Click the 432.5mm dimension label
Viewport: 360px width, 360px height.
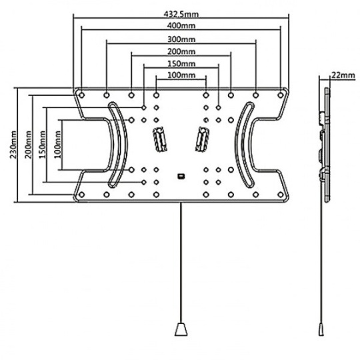181,14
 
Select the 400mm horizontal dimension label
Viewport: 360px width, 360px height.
181,25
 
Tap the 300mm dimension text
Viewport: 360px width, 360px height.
181,39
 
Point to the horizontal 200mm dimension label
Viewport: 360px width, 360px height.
181,51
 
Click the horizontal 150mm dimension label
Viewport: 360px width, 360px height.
181,63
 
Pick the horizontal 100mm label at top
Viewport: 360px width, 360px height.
181,75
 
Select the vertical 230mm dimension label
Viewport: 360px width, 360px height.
13,145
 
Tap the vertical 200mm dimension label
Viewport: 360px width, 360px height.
28,145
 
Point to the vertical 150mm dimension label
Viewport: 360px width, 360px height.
43,145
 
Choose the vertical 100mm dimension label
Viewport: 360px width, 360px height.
57,145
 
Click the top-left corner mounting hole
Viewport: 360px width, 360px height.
81,95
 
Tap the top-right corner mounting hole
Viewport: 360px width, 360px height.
280,95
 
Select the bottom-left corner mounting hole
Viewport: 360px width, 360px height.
81,195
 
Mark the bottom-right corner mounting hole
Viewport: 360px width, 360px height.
280,195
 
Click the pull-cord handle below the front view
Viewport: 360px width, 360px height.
181,329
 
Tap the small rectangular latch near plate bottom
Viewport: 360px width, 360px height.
181,176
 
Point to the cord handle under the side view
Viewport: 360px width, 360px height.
321,329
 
